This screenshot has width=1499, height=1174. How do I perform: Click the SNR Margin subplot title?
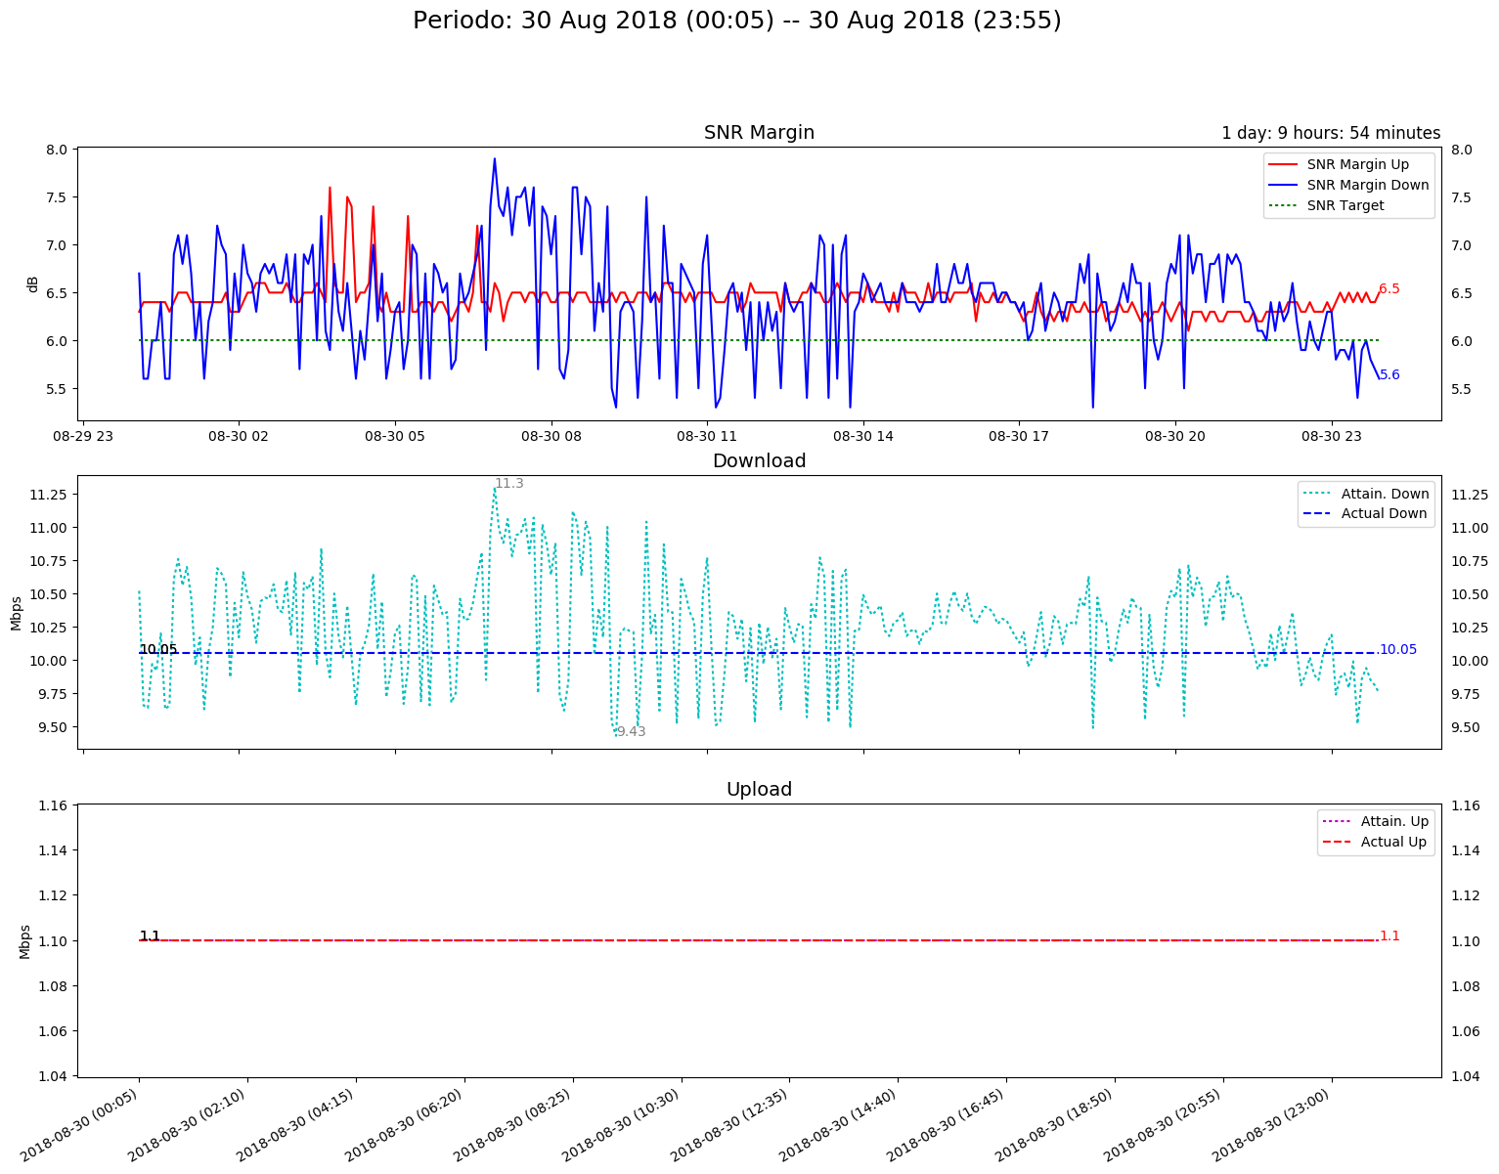759,133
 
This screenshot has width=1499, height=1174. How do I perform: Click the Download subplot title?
759,461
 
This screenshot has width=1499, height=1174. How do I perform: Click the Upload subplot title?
759,790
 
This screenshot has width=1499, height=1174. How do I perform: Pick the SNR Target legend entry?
1345,205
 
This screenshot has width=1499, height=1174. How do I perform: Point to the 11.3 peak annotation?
509,484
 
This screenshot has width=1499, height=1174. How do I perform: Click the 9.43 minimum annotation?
632,731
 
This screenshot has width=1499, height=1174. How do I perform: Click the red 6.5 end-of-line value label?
1389,289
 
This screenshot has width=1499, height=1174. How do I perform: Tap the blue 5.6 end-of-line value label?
1389,375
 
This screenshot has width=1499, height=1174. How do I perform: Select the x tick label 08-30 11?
707,437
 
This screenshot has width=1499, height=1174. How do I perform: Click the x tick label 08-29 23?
83,437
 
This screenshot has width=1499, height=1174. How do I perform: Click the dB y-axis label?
33,283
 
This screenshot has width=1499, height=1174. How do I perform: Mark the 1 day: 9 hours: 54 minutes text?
1331,133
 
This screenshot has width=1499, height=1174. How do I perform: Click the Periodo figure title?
736,21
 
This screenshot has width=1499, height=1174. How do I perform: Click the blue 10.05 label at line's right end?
1397,650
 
